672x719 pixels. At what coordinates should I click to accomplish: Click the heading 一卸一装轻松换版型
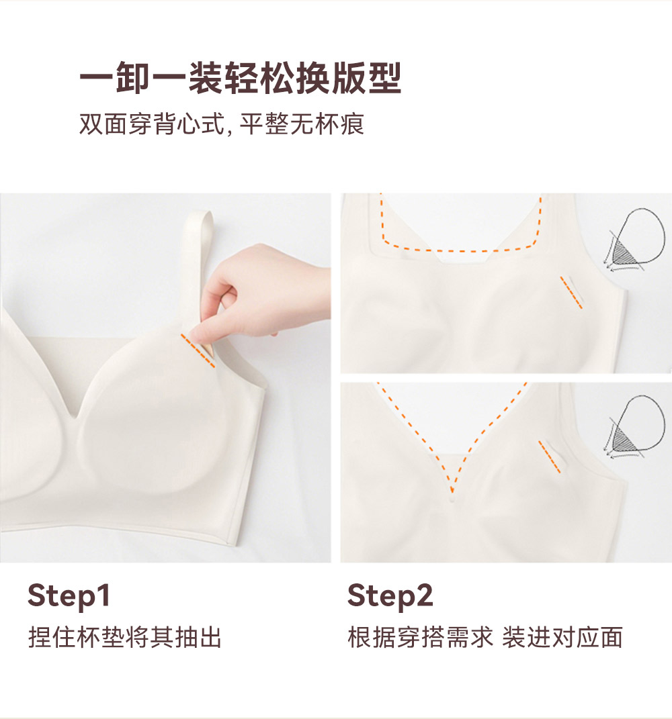pos(241,78)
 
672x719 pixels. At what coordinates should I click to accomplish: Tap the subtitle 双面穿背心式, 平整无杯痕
pos(222,124)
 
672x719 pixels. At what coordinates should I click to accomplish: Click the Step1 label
pos(69,595)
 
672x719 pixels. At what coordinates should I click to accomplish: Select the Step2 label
pos(390,595)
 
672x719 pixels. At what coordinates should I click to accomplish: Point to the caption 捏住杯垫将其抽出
pos(125,637)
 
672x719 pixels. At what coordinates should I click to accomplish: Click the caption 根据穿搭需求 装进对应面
pos(485,637)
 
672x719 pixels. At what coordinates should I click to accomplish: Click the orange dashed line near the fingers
pos(198,350)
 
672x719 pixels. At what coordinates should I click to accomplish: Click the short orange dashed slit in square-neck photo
pos(571,292)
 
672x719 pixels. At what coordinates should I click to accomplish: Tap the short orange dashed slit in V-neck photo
pos(550,457)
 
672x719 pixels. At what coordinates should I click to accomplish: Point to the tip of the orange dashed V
pos(452,492)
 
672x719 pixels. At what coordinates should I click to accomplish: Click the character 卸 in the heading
pos(132,78)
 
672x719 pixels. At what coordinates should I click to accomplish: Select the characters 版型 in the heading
pos(367,78)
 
